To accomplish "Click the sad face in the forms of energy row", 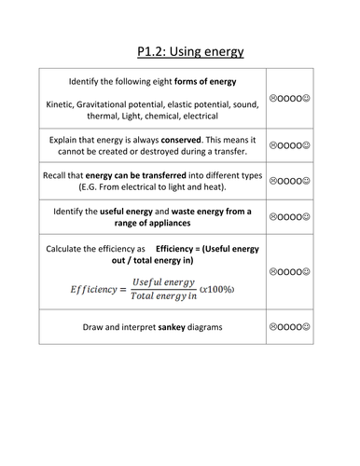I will (272, 96).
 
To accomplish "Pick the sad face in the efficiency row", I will (272, 272).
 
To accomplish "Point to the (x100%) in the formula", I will (217, 289).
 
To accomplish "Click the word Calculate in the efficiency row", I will (71, 250).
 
